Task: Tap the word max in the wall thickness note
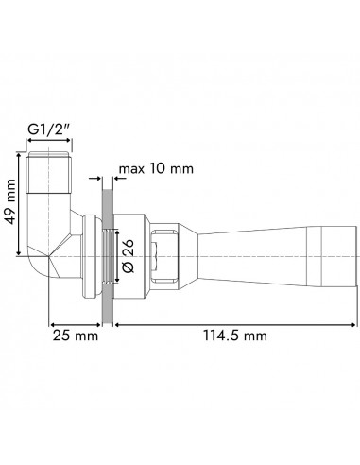131,171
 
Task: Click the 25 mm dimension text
75,336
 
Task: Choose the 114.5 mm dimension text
236,336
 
